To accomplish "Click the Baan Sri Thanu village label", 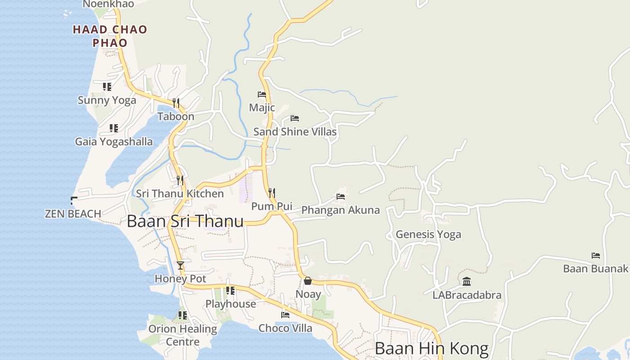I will (x=185, y=221).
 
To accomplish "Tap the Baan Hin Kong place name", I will (x=431, y=349).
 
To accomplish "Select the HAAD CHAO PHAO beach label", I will (x=110, y=36).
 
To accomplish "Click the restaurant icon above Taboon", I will (x=176, y=103).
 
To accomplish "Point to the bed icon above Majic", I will (x=262, y=94).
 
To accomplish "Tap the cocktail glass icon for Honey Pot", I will (x=180, y=265).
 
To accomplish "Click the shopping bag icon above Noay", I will (x=308, y=281).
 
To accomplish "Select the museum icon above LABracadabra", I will (x=467, y=282).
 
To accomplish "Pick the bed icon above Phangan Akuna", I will (x=341, y=197).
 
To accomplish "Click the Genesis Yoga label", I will (x=428, y=234).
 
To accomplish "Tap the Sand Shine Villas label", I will (x=295, y=132).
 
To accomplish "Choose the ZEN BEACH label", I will (x=73, y=214).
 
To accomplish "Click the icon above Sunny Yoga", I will (x=107, y=86).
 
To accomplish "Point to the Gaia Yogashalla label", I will (x=114, y=142).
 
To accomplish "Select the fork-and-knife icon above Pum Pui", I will (x=271, y=193).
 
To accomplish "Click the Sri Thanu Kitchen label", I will (x=180, y=194).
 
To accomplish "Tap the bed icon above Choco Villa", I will (x=285, y=315).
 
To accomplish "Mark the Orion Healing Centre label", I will (x=183, y=335).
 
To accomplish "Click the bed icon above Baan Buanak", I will (x=596, y=256).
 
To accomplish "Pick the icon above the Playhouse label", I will (x=230, y=291).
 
